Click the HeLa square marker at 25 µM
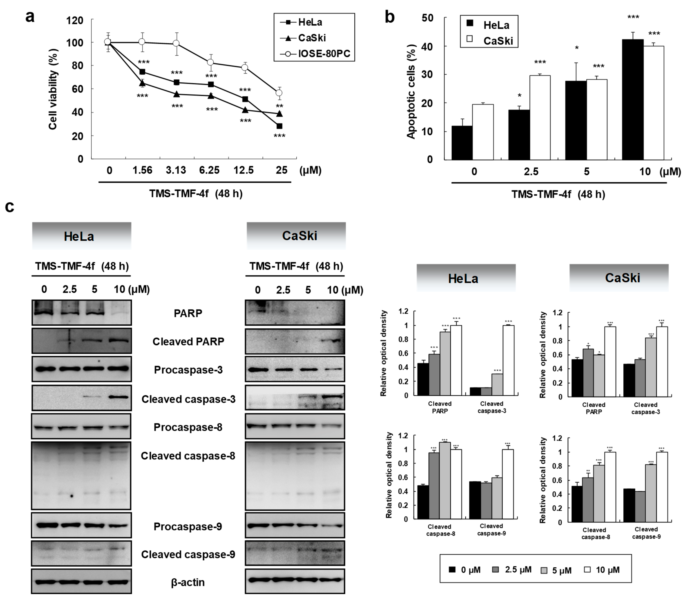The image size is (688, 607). click(x=279, y=126)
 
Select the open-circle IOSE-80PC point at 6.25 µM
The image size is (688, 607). click(x=211, y=62)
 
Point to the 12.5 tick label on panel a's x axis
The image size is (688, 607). click(x=244, y=170)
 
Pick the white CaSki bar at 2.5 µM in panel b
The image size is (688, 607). click(x=540, y=118)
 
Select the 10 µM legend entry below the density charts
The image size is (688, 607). click(x=602, y=570)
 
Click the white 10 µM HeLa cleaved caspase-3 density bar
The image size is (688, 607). click(x=509, y=360)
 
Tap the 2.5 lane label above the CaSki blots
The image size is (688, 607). click(x=283, y=290)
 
